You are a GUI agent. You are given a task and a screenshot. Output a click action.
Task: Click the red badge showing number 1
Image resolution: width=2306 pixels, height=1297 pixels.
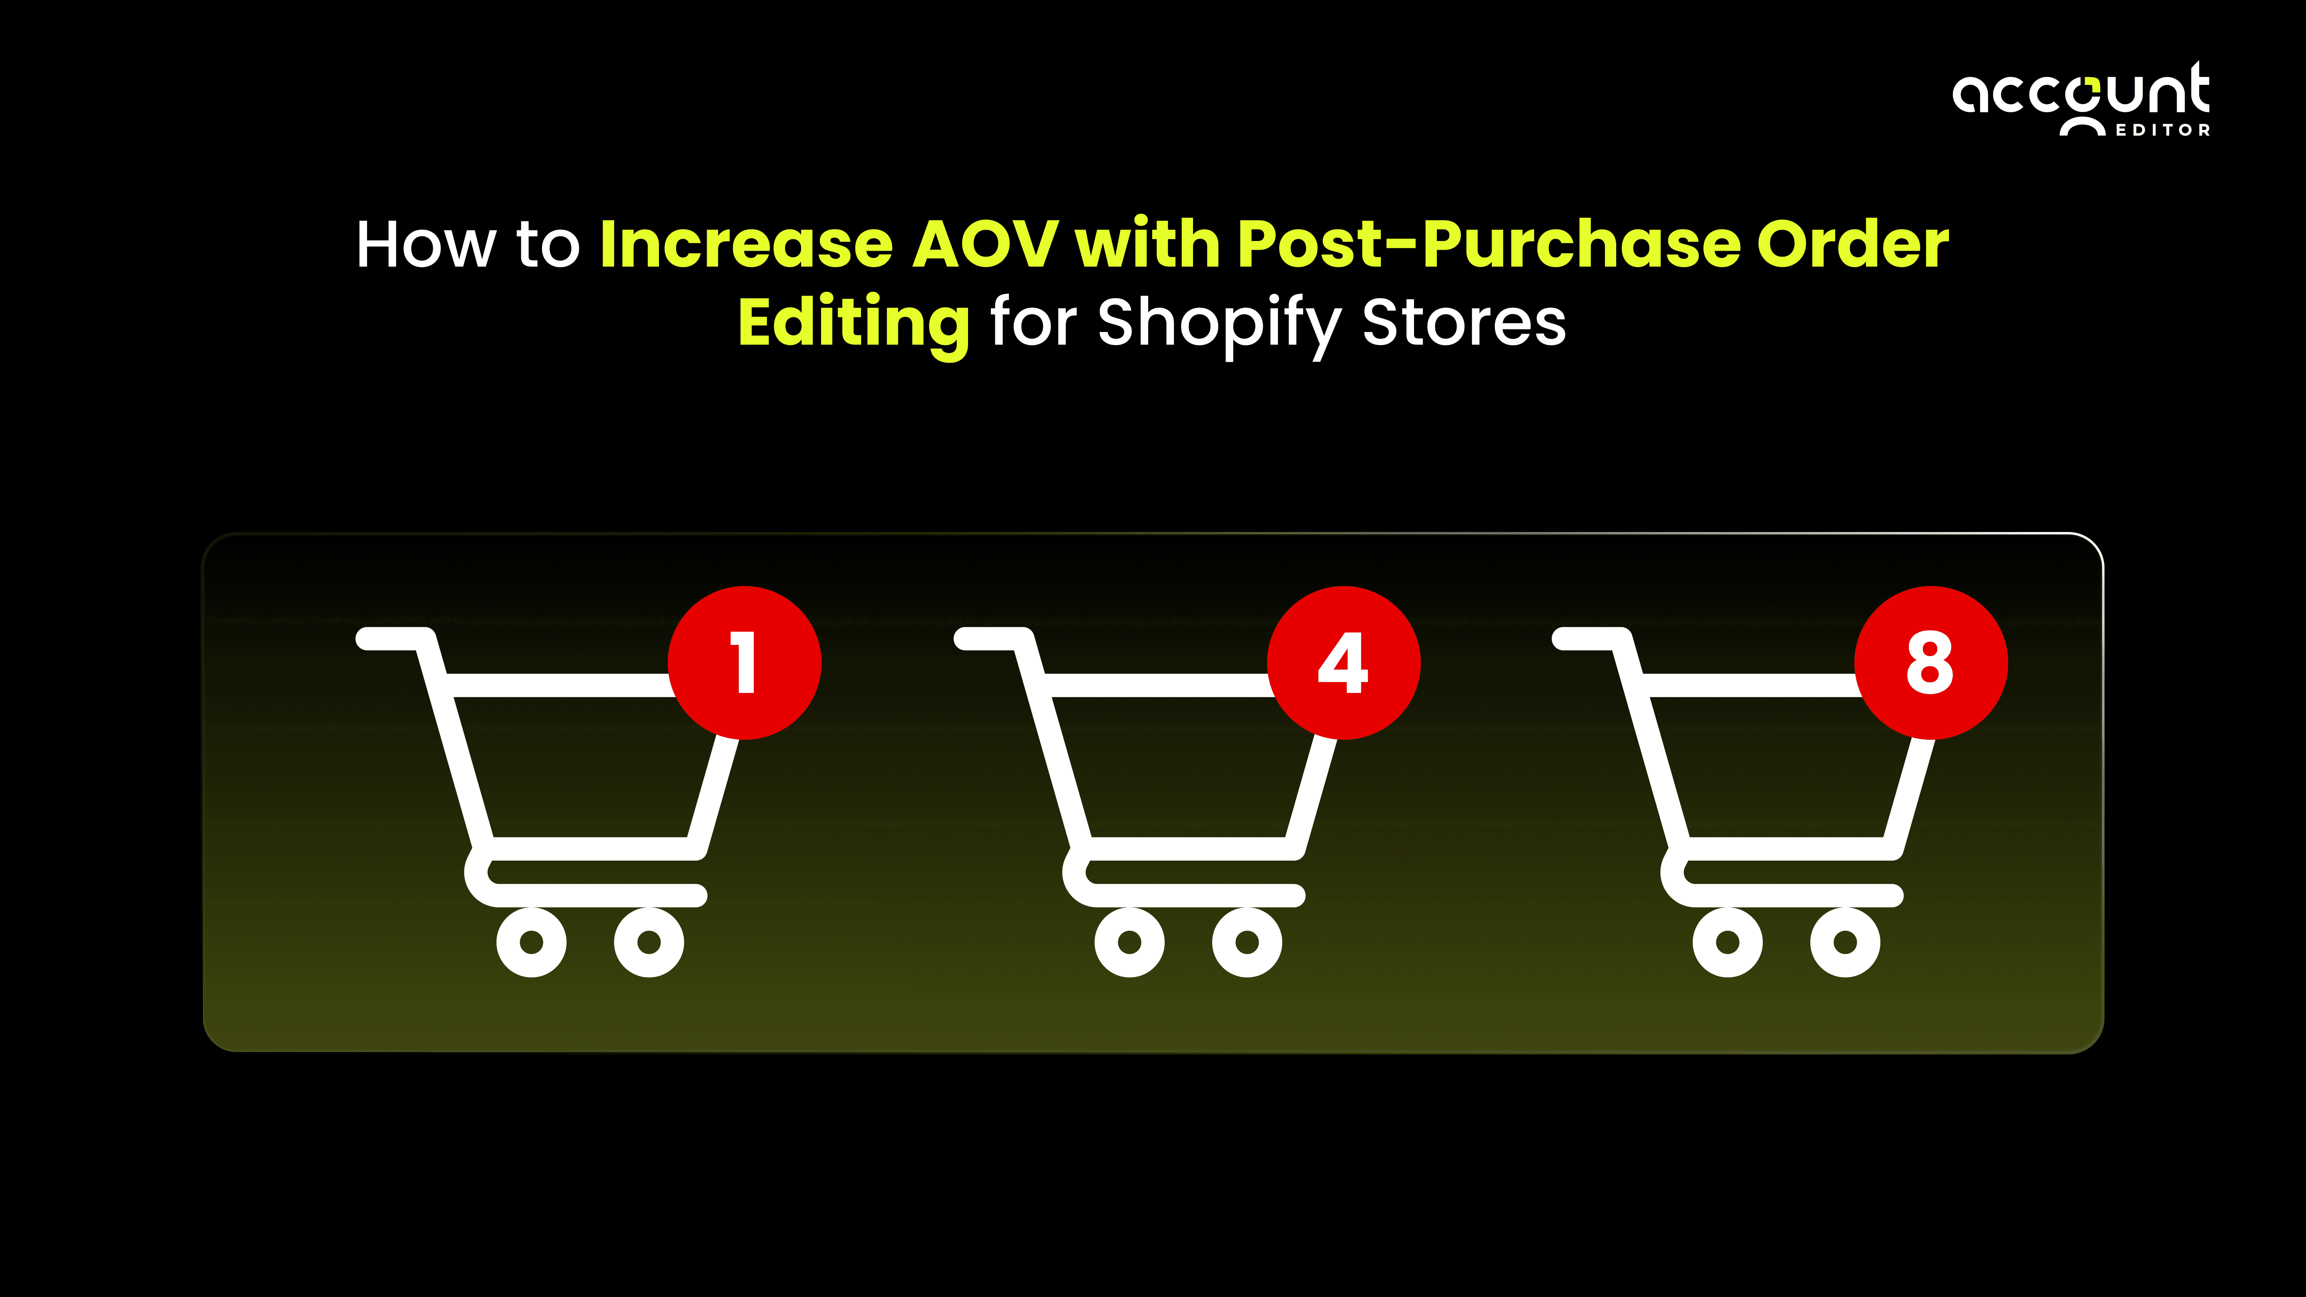click(x=745, y=663)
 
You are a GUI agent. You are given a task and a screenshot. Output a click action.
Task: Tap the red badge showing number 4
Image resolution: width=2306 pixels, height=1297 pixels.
click(x=1344, y=663)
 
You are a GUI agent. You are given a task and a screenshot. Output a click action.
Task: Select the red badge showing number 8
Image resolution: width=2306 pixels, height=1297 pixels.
click(x=1931, y=663)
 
